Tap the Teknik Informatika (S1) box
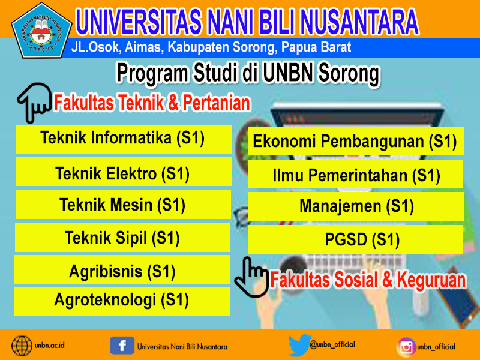[124, 139]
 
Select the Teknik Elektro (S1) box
[124, 172]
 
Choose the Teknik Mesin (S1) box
[123, 205]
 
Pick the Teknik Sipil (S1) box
[122, 238]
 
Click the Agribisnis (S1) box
[122, 269]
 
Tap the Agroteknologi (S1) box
[122, 301]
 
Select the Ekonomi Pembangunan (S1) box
[356, 141]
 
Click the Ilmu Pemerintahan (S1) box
[356, 174]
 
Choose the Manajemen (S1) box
[356, 206]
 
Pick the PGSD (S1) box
[355, 239]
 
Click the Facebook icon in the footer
[122, 346]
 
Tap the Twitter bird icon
[299, 346]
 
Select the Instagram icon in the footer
[406, 347]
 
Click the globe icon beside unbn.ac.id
[22, 346]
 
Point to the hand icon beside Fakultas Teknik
[34, 103]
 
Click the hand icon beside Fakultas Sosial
[251, 277]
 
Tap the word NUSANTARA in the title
[359, 22]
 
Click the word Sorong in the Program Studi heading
[349, 74]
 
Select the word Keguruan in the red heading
[431, 280]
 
